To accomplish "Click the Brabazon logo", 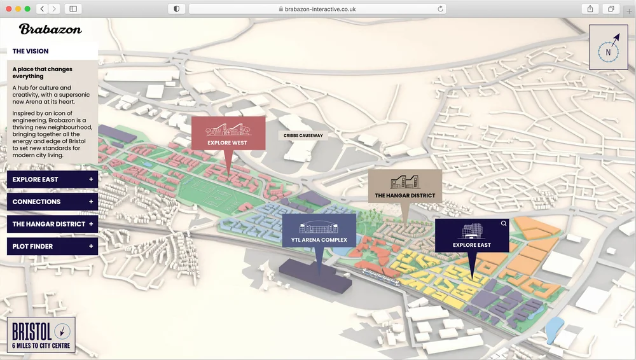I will tap(50, 29).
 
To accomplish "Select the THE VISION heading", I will tap(31, 51).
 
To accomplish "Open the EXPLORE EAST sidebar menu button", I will tap(52, 179).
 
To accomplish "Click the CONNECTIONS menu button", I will tap(52, 202).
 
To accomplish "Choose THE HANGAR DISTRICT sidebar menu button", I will tap(52, 224).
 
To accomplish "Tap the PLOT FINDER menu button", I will tap(52, 246).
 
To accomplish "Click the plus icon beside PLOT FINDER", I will tap(91, 246).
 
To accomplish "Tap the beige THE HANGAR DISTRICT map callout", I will tap(404, 186).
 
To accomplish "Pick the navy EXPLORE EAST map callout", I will tap(471, 235).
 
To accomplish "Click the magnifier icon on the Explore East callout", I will tap(504, 223).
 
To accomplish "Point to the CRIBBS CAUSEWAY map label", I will tap(304, 135).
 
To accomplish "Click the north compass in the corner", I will tap(608, 47).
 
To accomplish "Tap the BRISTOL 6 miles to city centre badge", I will tap(43, 335).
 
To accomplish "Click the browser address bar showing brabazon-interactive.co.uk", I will tap(318, 9).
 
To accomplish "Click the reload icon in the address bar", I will tap(440, 9).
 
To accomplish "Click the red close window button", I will tap(9, 9).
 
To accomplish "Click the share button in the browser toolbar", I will tap(590, 9).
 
